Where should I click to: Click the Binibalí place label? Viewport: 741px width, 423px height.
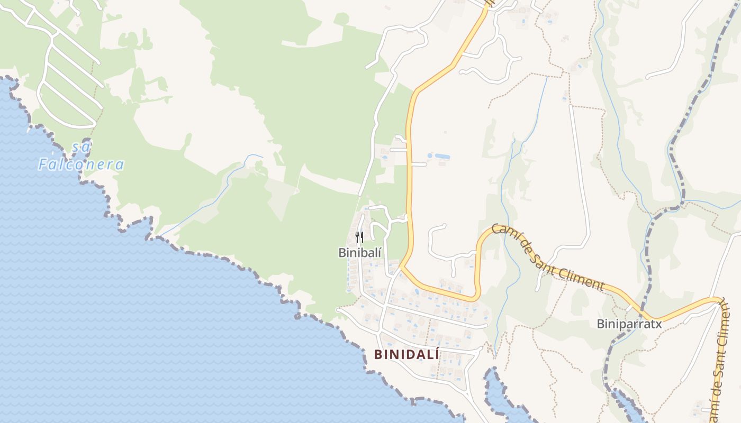click(360, 253)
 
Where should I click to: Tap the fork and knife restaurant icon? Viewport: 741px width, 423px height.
click(359, 236)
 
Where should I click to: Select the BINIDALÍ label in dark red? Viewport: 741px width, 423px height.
click(406, 355)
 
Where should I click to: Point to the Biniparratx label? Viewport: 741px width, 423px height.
click(629, 324)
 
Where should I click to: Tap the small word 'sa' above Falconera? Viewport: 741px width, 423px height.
click(81, 146)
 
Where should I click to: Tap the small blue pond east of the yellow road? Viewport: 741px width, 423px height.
click(439, 157)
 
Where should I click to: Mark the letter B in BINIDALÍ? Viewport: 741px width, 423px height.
click(378, 355)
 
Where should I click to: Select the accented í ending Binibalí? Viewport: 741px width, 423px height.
click(379, 252)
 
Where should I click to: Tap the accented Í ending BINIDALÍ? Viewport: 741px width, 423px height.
click(436, 354)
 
